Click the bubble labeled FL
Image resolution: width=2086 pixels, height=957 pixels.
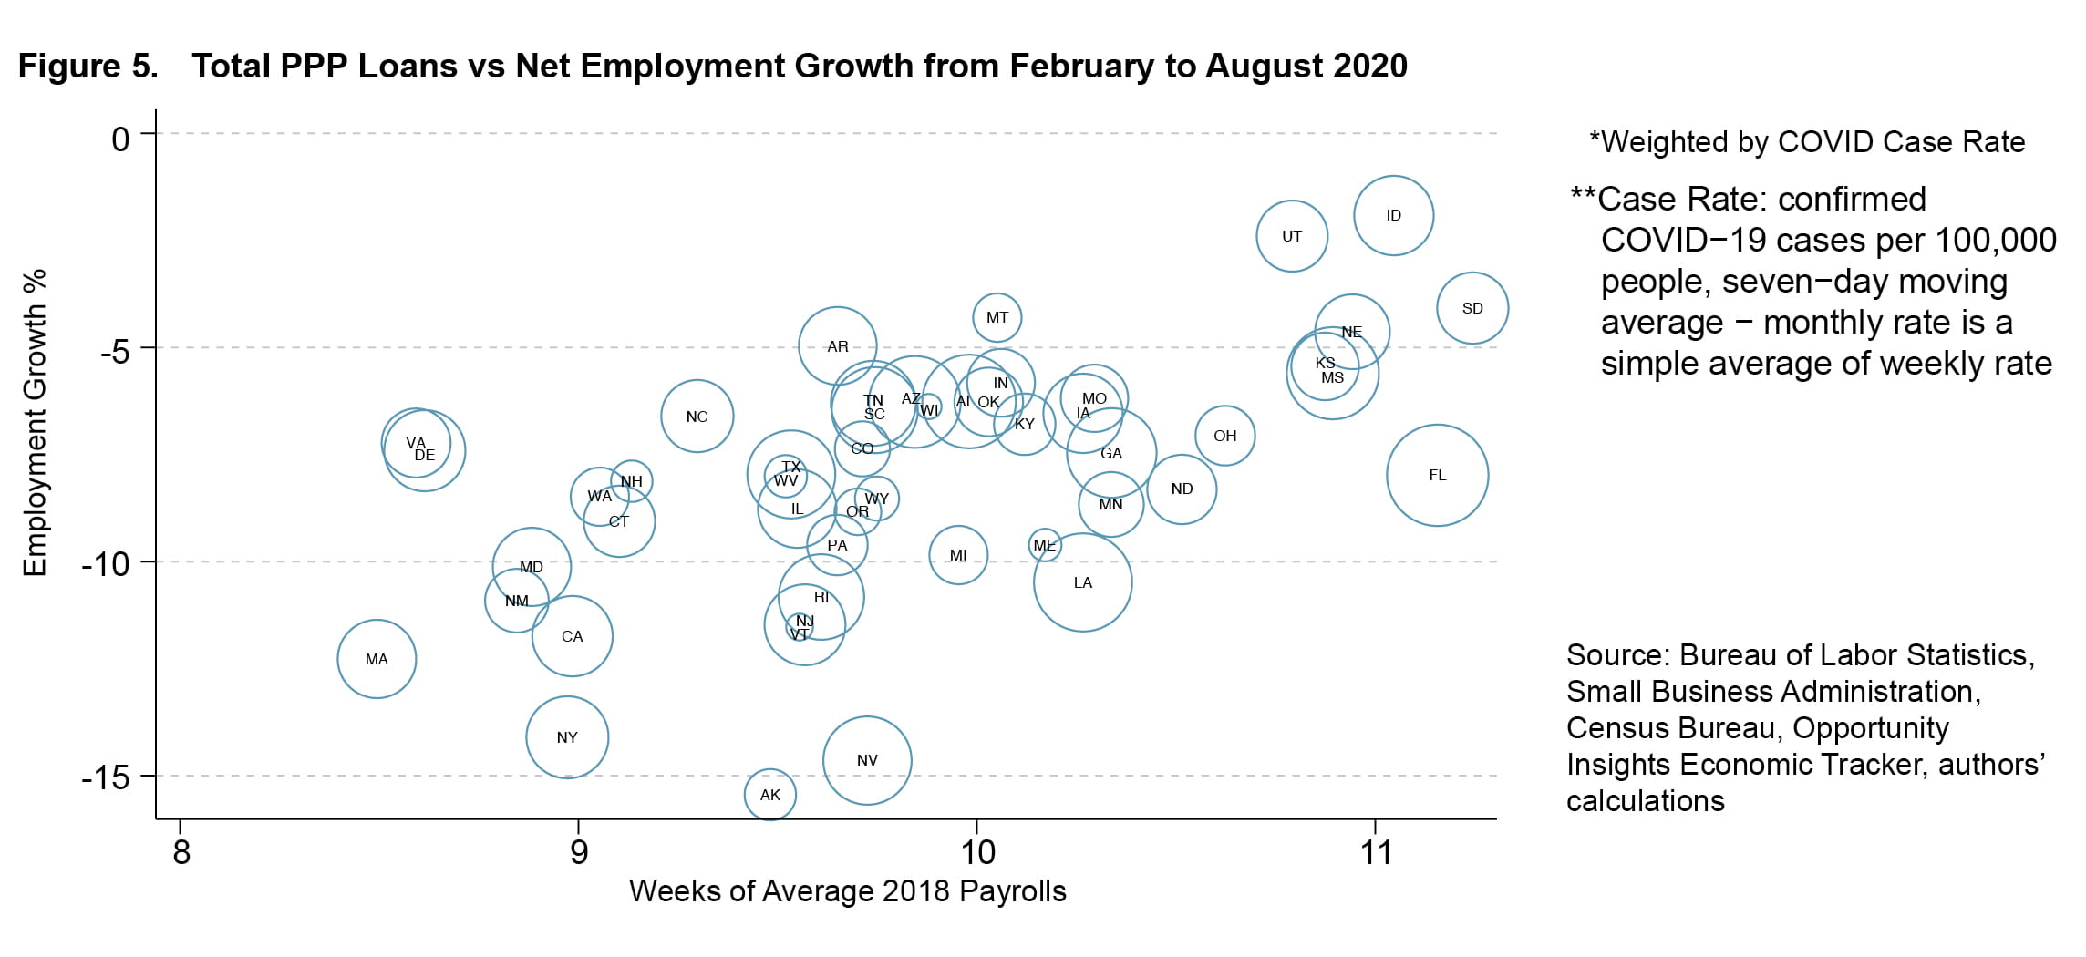[1437, 475]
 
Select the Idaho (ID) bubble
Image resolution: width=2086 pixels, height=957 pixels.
[1393, 215]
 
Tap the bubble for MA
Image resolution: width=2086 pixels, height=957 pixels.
[377, 659]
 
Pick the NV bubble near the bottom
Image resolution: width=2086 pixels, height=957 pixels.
[867, 760]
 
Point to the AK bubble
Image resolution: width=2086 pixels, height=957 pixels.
[770, 795]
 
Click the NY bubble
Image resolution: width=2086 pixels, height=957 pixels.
[567, 737]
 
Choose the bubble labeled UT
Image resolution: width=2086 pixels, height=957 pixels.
[1292, 236]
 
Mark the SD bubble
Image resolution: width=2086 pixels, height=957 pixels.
[1472, 308]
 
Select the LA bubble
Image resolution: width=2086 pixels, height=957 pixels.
[1082, 582]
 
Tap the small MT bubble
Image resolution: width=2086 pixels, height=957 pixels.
[997, 317]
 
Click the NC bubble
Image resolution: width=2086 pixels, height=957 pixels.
[697, 417]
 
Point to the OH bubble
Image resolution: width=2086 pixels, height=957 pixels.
[1225, 436]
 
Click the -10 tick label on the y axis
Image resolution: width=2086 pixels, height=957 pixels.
[106, 563]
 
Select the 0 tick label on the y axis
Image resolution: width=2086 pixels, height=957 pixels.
[120, 139]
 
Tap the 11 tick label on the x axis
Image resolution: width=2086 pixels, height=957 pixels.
[1376, 853]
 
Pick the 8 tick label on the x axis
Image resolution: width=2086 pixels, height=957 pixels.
[181, 853]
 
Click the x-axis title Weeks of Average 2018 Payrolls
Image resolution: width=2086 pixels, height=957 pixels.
[847, 891]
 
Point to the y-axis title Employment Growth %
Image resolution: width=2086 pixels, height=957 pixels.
[35, 422]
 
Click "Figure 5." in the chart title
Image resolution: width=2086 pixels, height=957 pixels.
[88, 67]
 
